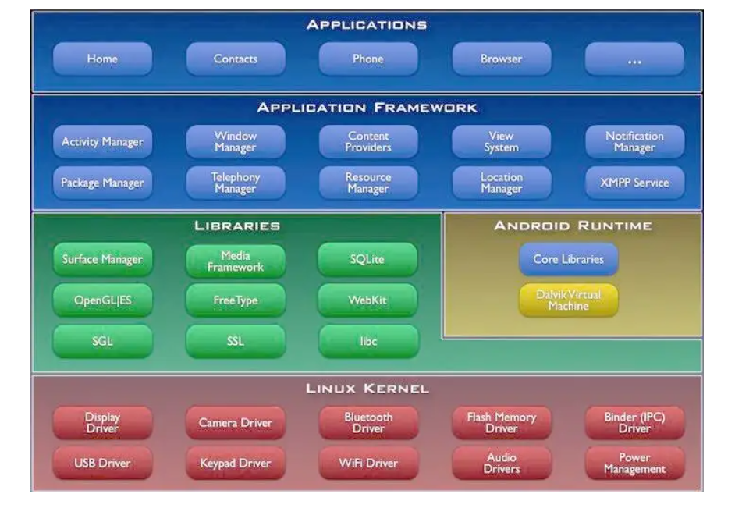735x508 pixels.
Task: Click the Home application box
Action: click(x=102, y=59)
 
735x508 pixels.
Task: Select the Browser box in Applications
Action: click(x=501, y=59)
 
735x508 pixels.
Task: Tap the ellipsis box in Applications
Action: click(x=634, y=59)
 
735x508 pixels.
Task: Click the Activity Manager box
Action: click(x=102, y=142)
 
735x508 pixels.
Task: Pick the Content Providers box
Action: click(x=368, y=142)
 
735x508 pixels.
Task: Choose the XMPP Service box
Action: click(x=634, y=183)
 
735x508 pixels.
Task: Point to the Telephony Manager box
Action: click(x=236, y=183)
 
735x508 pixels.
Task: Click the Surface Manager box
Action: click(x=102, y=260)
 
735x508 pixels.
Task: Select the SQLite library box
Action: click(x=367, y=260)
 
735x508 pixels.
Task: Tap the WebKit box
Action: click(x=367, y=300)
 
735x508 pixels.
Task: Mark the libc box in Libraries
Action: click(x=367, y=341)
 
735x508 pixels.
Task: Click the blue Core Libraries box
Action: click(x=568, y=259)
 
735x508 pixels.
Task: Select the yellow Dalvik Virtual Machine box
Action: click(x=568, y=300)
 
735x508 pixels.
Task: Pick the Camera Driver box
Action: click(x=236, y=423)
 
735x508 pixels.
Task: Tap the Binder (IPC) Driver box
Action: click(x=634, y=423)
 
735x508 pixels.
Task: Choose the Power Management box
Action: click(x=634, y=464)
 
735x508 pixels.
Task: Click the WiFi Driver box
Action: click(x=368, y=464)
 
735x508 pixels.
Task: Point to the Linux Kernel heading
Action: click(x=367, y=389)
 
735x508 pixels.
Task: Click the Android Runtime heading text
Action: click(x=572, y=226)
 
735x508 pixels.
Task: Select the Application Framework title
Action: click(x=367, y=108)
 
